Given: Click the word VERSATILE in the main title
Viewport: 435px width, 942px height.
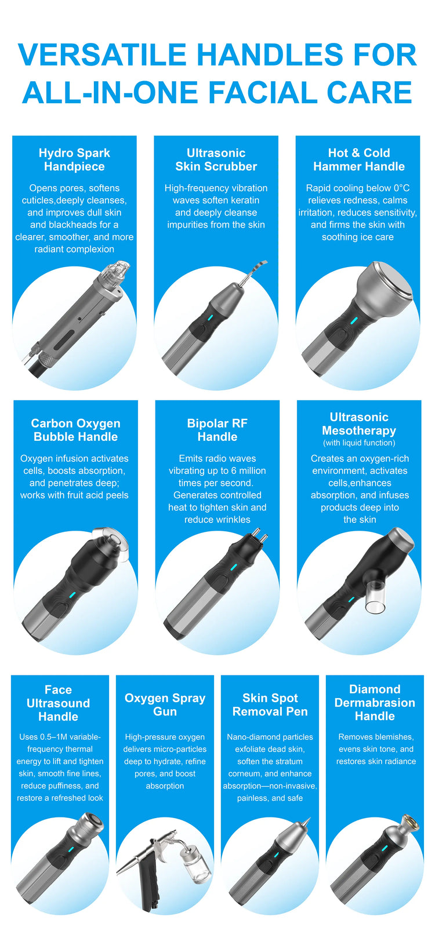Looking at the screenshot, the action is (x=102, y=54).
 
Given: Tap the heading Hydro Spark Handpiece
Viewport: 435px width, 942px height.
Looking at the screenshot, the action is (x=75, y=159).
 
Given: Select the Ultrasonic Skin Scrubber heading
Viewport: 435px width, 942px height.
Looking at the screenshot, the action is (x=216, y=159).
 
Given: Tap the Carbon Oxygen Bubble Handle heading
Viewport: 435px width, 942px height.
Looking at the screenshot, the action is (x=76, y=430).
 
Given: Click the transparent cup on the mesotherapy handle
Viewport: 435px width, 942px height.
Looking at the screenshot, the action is (x=376, y=598).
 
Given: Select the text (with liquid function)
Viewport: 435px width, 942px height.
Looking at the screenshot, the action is (x=359, y=443).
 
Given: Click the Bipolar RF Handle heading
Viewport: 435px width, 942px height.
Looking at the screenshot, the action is (x=217, y=430).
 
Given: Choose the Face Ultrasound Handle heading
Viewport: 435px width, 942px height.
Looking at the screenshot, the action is (x=58, y=703).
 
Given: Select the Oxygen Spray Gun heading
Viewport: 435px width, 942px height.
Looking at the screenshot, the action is (x=165, y=704).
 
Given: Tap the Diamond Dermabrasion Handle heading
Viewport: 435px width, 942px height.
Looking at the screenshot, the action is (x=375, y=702).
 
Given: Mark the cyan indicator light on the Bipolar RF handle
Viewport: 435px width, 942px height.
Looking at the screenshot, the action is (x=230, y=568).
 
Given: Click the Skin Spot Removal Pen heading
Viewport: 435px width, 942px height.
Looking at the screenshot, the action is (x=270, y=704).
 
